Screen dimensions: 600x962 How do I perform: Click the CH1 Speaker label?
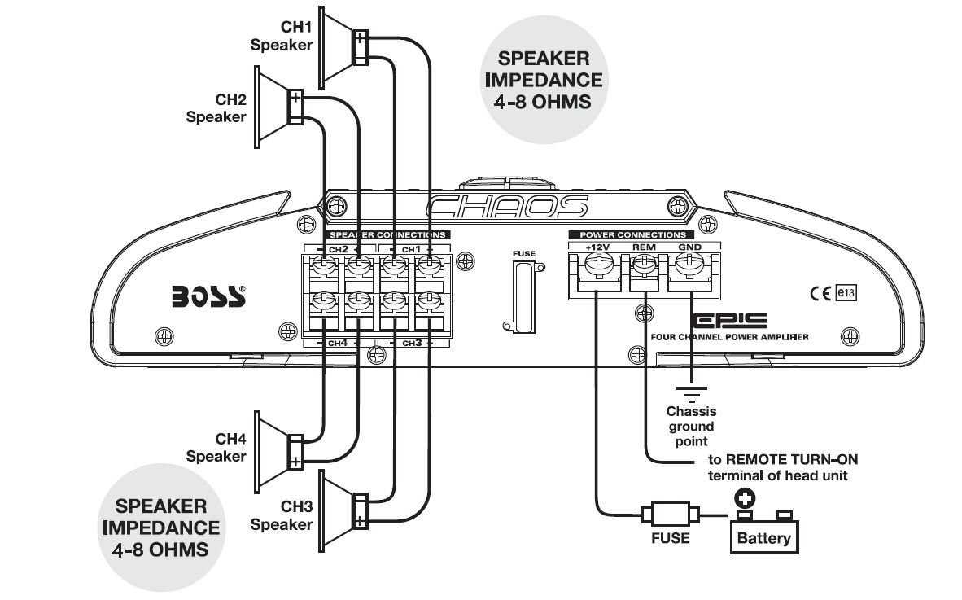click(281, 37)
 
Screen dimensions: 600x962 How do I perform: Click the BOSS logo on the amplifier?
click(208, 295)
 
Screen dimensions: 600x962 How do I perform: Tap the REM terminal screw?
click(644, 263)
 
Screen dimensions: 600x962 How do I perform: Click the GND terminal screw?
click(689, 263)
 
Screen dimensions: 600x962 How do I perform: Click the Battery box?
click(763, 536)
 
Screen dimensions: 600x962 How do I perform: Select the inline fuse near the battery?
click(670, 515)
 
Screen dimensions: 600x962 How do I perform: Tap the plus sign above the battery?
click(744, 498)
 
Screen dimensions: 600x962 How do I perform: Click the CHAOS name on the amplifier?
click(506, 207)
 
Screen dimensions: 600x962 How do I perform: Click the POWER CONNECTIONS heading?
click(632, 234)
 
